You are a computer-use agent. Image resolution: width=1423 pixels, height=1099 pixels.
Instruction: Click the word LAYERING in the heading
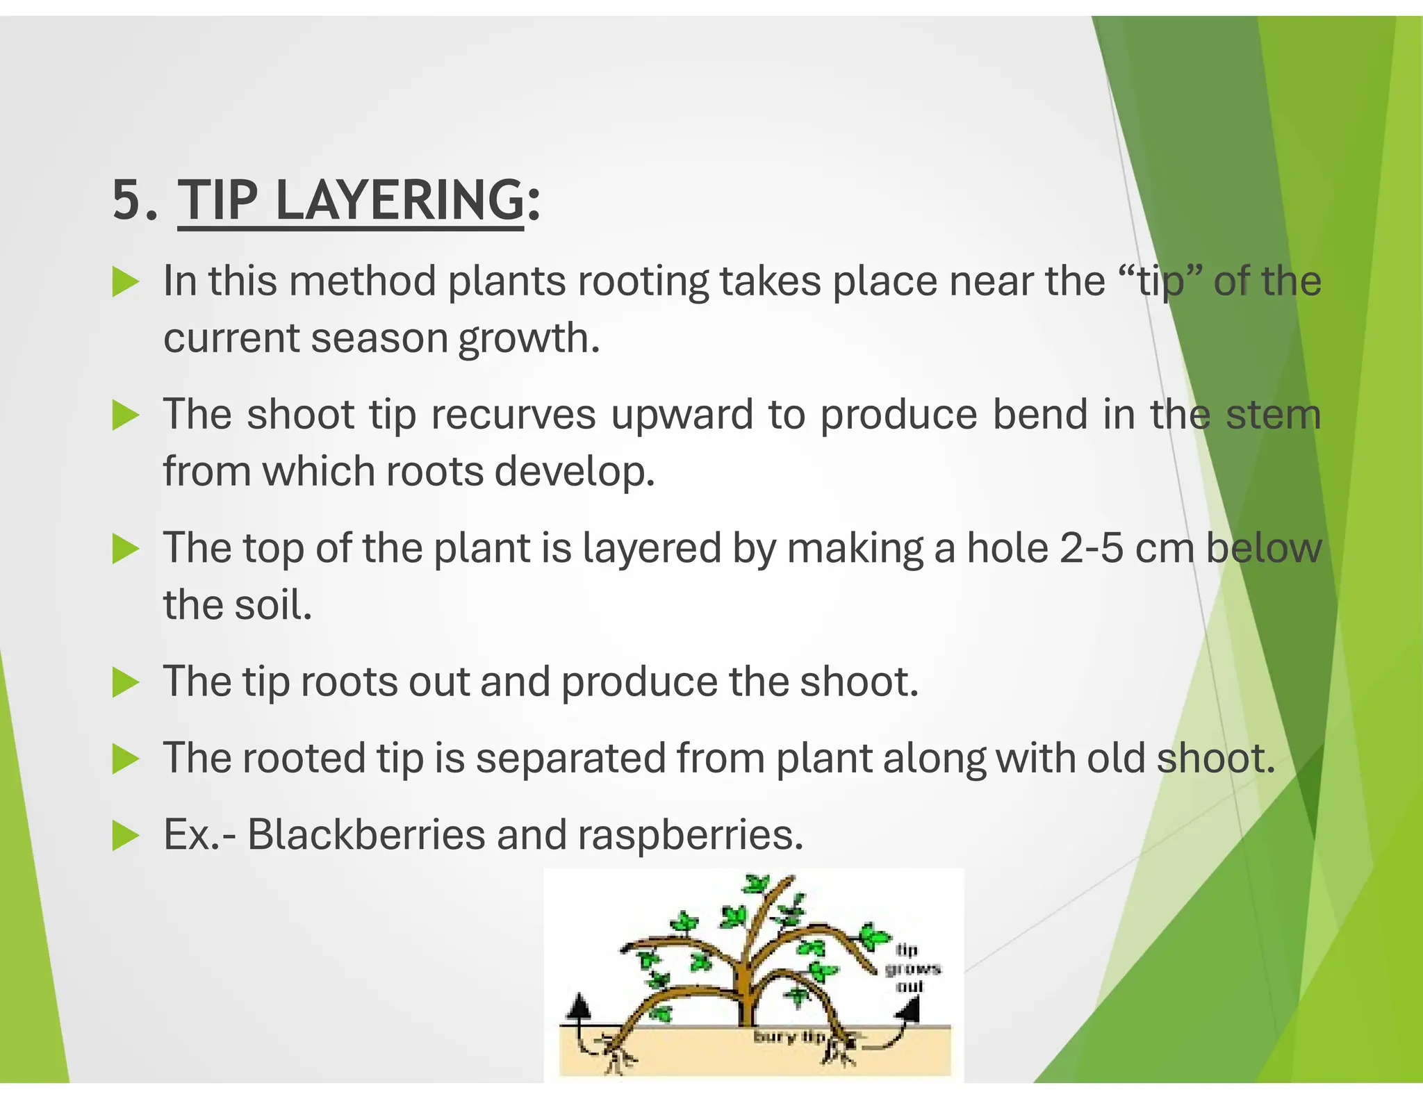400,200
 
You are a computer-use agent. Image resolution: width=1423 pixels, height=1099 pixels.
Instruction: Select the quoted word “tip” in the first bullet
1160,281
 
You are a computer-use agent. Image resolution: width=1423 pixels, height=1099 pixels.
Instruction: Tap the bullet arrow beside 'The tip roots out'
126,682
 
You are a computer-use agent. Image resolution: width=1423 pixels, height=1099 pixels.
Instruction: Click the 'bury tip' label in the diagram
789,1036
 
